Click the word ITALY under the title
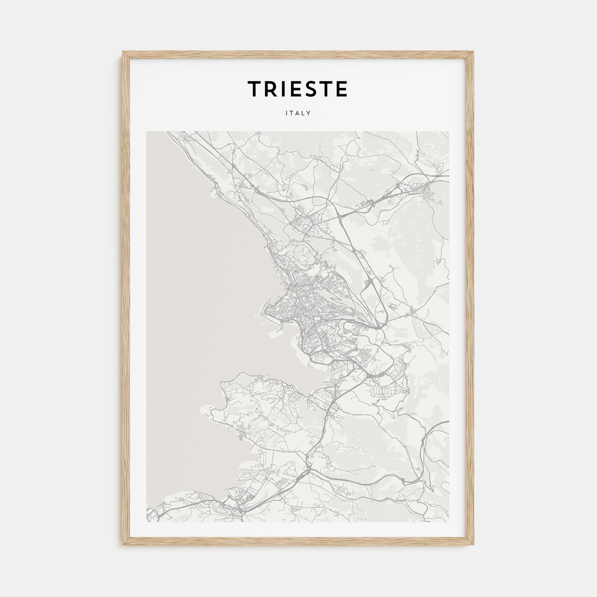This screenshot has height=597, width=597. click(x=298, y=113)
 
